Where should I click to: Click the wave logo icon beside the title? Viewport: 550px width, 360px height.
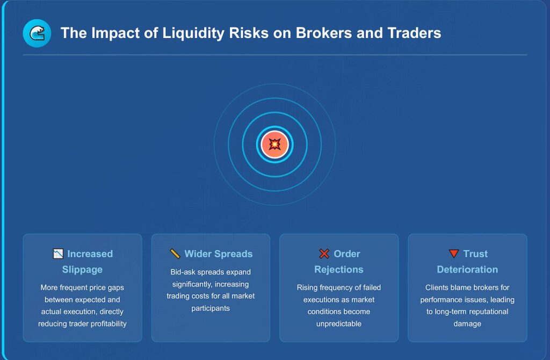[37, 33]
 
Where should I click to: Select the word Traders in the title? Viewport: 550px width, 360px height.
[415, 33]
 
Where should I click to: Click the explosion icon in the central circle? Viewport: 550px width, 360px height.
[274, 145]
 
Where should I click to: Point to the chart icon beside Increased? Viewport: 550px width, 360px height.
[58, 254]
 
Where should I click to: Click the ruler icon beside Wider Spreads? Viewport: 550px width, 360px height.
[175, 254]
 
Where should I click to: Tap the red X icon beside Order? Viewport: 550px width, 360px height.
[324, 254]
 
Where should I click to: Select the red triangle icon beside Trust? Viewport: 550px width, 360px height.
[454, 254]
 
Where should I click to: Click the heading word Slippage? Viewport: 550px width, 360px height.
[82, 270]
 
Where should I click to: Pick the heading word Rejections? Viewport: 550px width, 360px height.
[338, 270]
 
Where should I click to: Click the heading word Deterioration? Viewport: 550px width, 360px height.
[467, 270]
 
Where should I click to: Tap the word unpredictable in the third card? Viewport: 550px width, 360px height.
[338, 324]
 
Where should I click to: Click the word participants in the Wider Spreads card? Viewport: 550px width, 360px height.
[211, 308]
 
